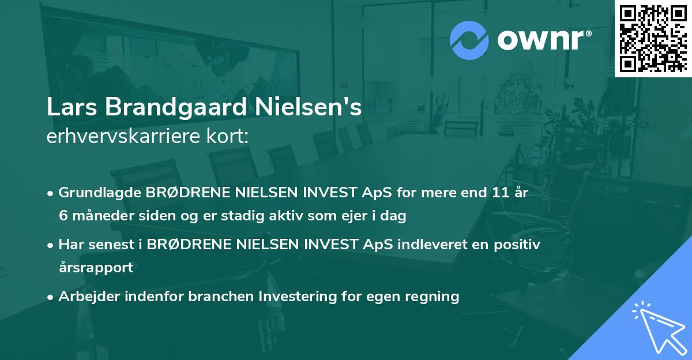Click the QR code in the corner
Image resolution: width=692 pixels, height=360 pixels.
[x=653, y=37]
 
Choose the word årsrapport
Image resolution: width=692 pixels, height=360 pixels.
[x=96, y=267]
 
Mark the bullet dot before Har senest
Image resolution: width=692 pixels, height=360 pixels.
[x=51, y=245]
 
